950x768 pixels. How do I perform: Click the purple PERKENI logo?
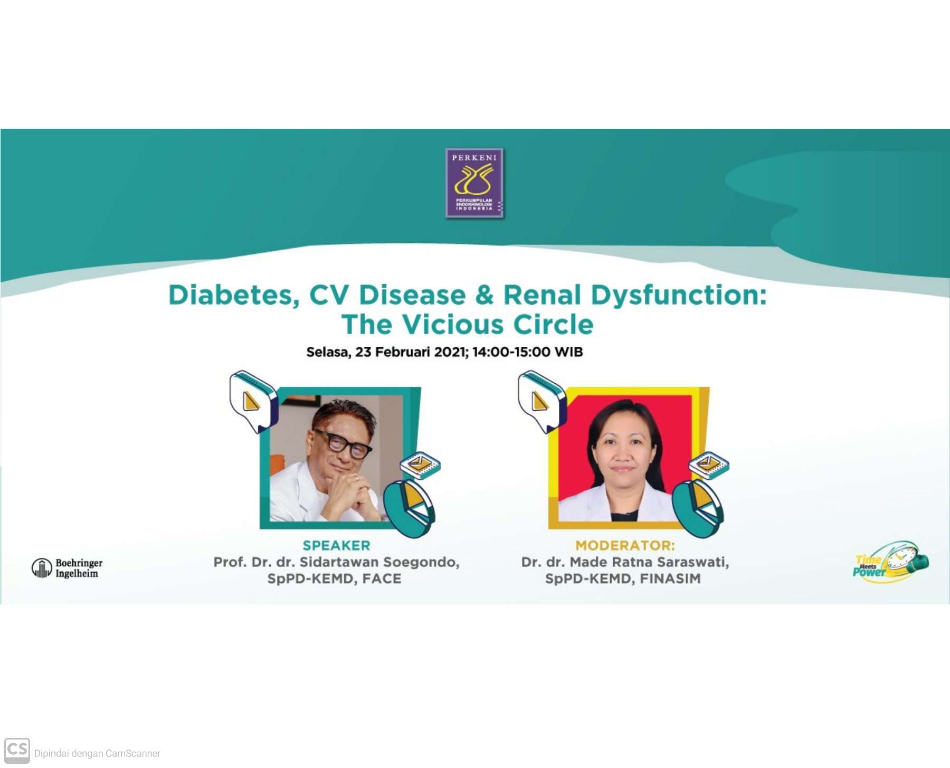pos(474,183)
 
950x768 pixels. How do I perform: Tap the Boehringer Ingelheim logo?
pos(67,568)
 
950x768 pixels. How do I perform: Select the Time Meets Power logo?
pos(891,562)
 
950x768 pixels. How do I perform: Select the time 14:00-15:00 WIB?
pos(527,352)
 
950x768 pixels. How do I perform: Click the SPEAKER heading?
pos(336,545)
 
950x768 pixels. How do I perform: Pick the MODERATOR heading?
pos(625,545)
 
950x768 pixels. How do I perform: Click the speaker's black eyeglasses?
pos(343,443)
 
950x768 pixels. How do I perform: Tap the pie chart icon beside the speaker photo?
pos(409,509)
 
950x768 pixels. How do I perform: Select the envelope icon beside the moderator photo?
pos(709,464)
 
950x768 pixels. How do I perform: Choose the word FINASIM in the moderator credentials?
pos(670,579)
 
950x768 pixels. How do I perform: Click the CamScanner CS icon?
pos(17,751)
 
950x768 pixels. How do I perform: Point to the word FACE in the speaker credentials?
pos(382,579)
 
